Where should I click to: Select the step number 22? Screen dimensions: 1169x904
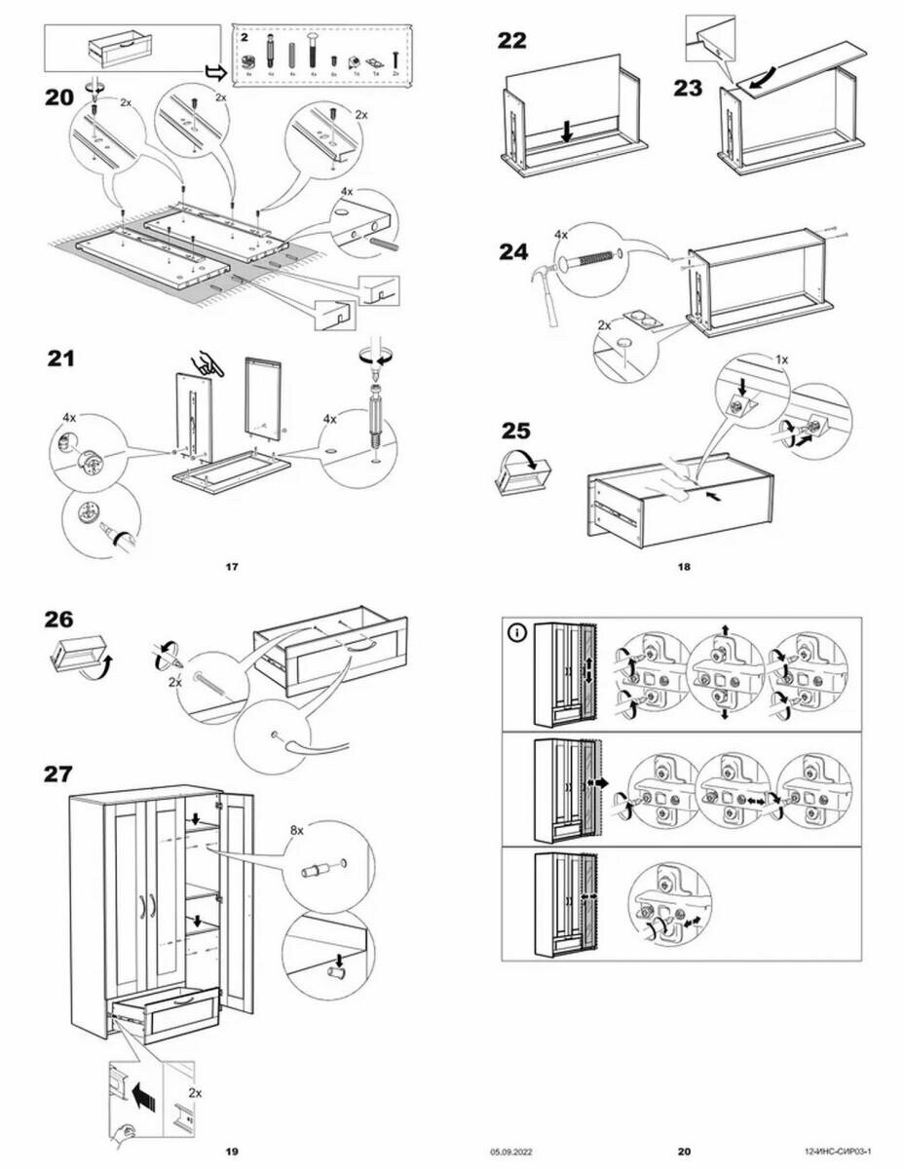(x=511, y=41)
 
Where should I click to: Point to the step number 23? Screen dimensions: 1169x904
(x=688, y=87)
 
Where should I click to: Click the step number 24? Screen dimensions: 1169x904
(x=512, y=252)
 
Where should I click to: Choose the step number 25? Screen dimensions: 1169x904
(x=516, y=430)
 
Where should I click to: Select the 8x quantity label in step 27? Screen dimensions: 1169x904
(x=298, y=832)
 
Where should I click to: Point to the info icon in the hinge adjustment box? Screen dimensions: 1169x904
(x=516, y=632)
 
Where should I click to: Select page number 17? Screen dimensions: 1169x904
(x=231, y=566)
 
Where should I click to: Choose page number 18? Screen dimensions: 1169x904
(x=684, y=566)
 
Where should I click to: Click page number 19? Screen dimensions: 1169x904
(x=231, y=1151)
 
